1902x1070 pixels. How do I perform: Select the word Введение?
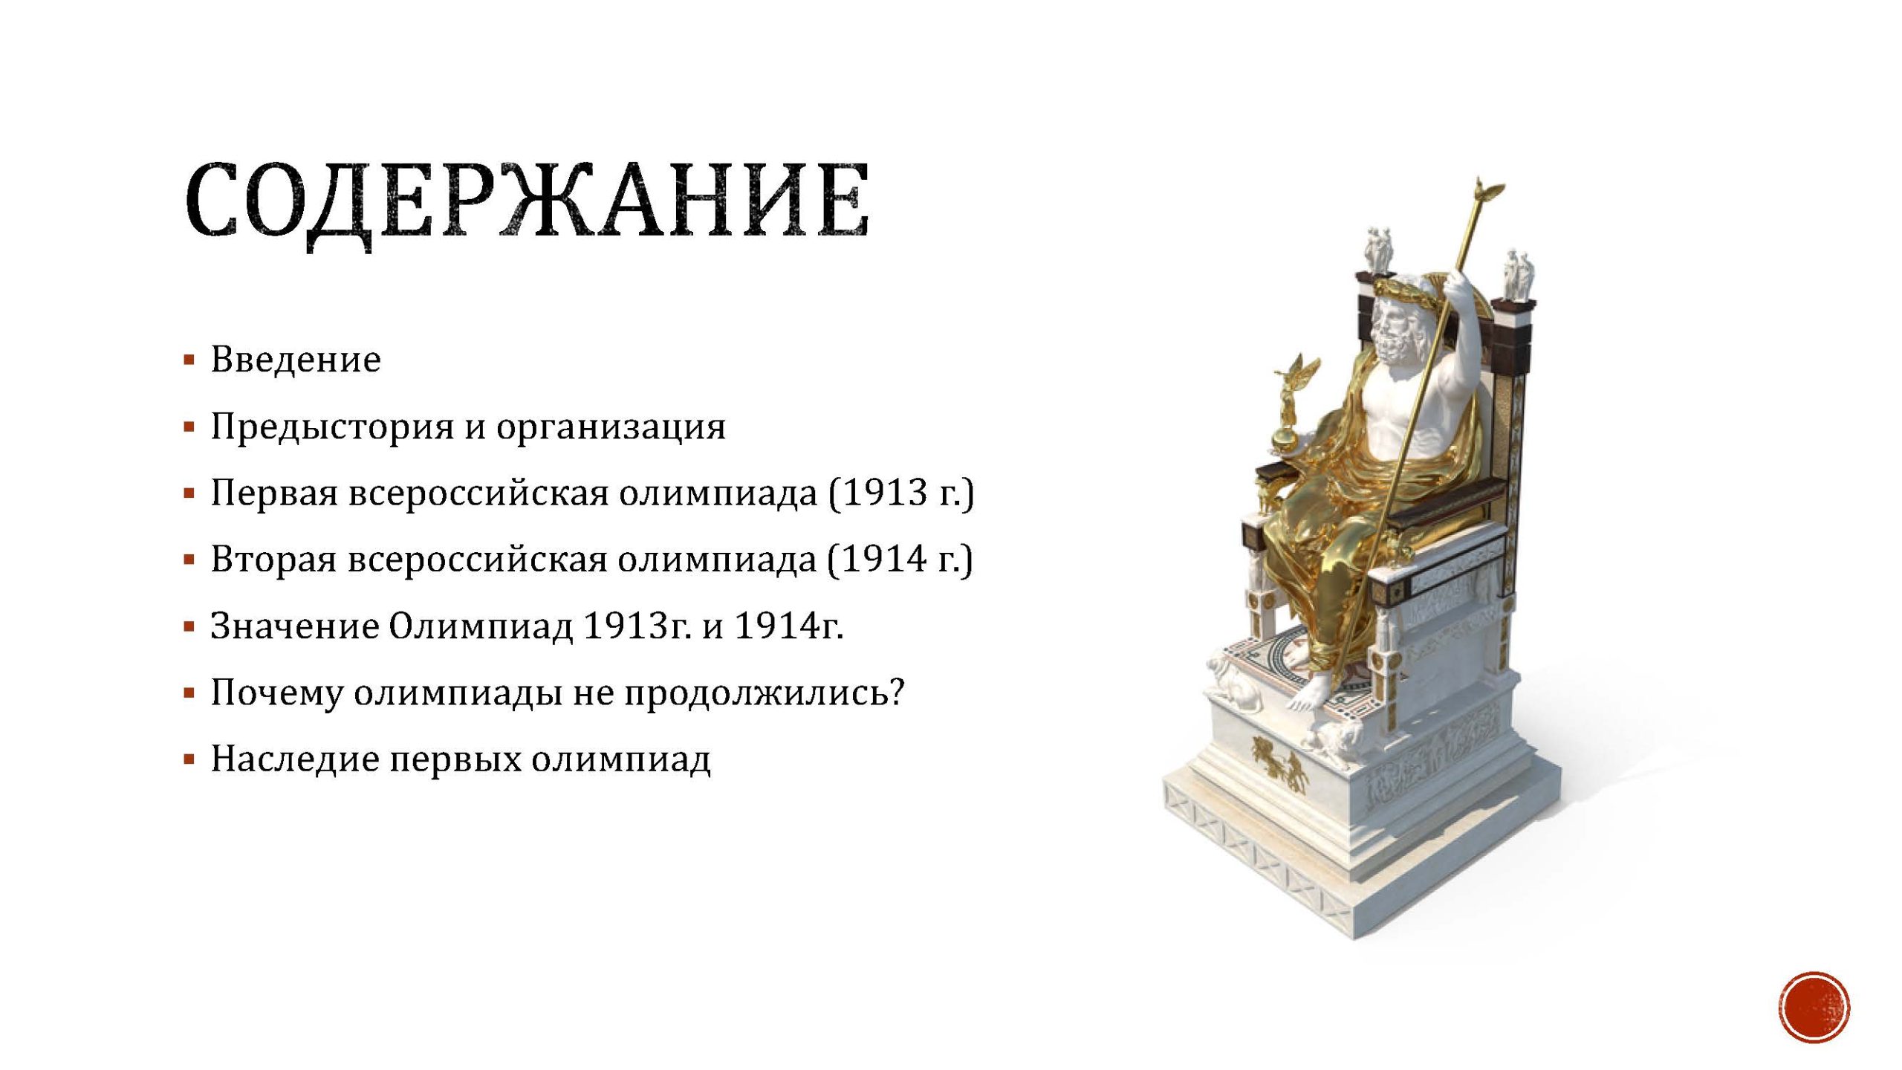296,360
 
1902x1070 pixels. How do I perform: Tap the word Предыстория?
331,427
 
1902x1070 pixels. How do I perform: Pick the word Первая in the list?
274,493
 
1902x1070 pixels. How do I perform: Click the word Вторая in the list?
274,560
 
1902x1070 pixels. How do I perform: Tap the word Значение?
295,626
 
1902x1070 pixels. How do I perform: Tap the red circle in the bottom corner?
1814,1007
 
